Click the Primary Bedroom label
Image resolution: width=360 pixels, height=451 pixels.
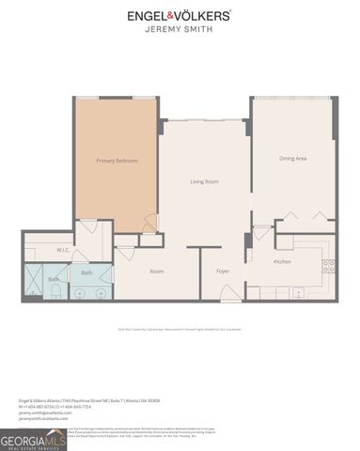coord(117,162)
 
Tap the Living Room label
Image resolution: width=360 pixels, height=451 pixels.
coord(204,181)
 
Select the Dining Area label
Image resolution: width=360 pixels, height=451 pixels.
coord(292,158)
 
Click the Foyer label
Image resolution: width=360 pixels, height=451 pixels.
coord(224,272)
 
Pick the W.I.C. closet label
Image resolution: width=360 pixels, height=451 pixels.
coord(37,250)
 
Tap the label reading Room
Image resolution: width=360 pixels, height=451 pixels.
coord(158,272)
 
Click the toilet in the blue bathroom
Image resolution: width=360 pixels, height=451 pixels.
coord(55,294)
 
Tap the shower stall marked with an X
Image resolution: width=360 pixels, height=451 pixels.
coord(33,277)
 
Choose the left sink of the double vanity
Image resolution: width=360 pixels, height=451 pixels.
coord(79,294)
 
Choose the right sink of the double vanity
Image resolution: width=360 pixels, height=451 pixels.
coord(100,294)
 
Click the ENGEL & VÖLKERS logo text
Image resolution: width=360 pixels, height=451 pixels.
coord(180,16)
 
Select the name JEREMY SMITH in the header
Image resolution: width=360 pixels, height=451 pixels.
coord(180,30)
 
